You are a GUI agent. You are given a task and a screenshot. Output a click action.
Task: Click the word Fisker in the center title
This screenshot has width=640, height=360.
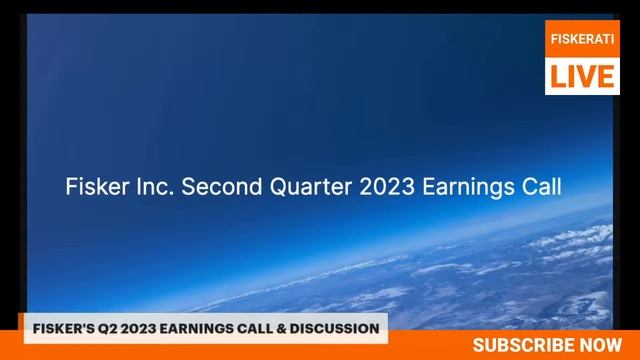point(96,187)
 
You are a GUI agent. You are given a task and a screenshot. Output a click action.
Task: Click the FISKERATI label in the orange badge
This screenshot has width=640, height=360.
point(582,38)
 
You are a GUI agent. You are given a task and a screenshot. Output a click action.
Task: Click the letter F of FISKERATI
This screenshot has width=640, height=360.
point(554,38)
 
